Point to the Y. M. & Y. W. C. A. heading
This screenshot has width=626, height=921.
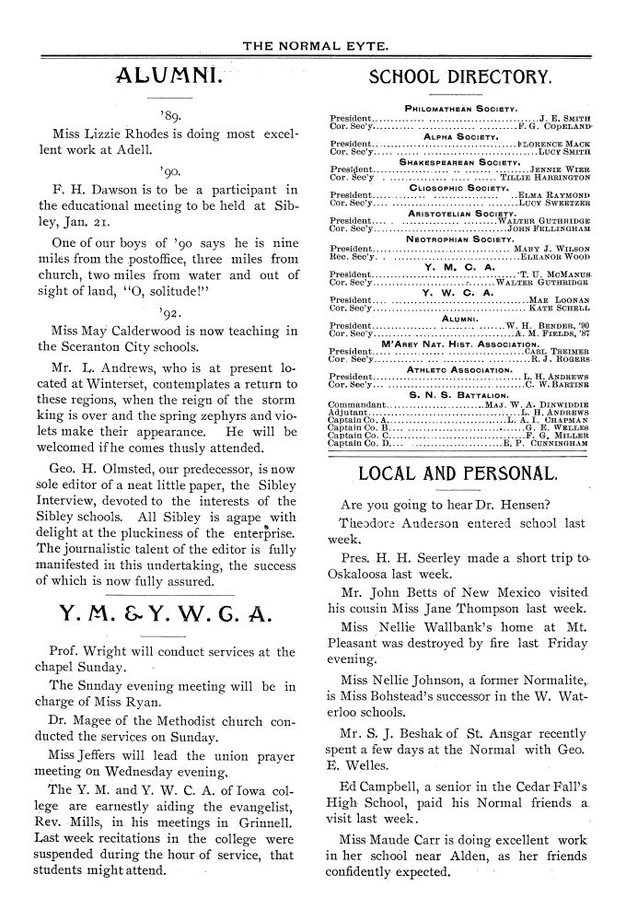point(165,613)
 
